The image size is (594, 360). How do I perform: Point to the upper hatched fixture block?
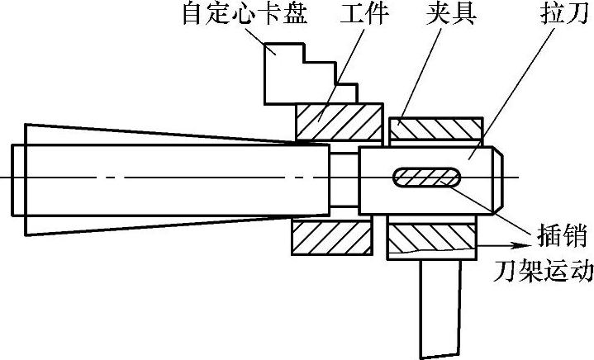[435, 129]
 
